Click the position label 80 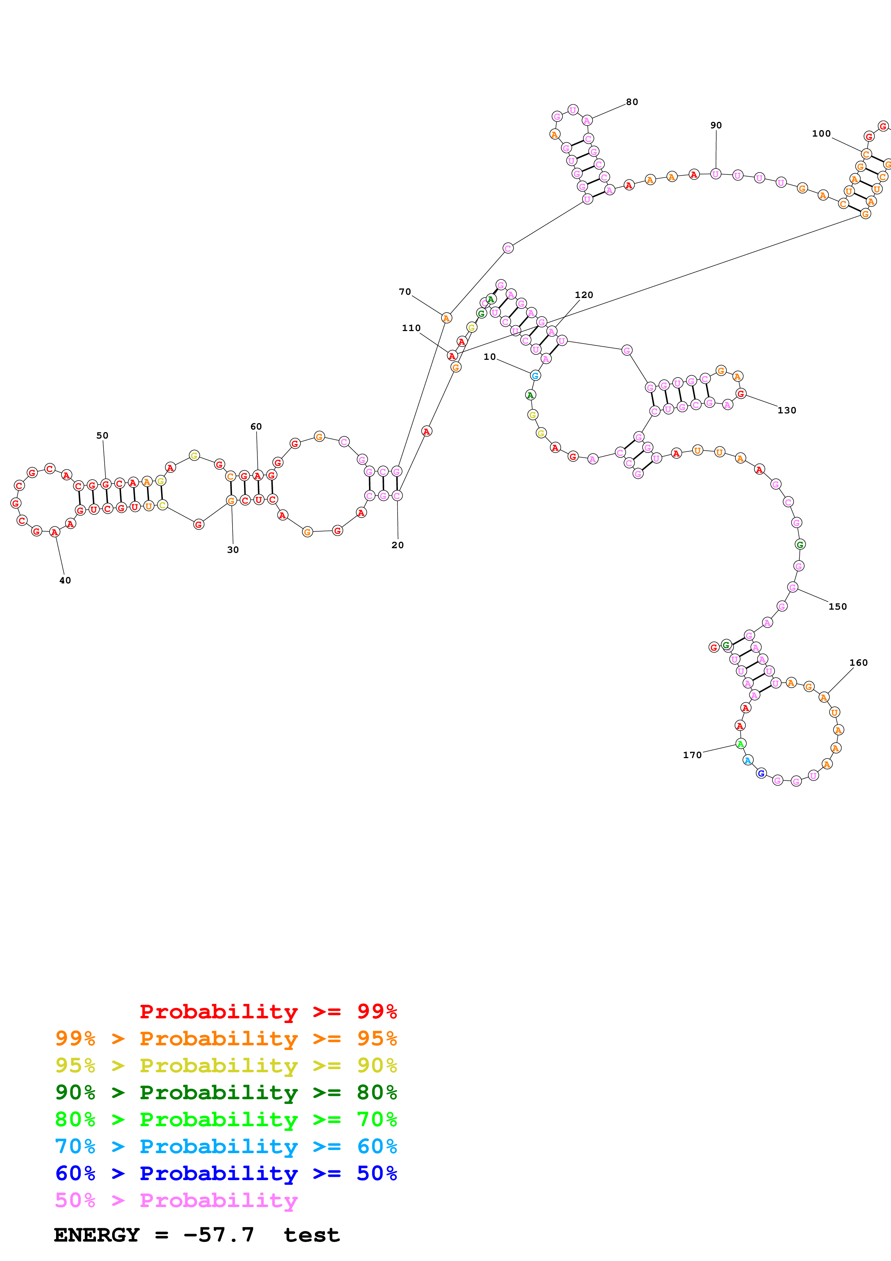tap(632, 102)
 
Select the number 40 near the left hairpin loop tap(65, 581)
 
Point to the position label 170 tap(692, 755)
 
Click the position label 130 tap(787, 410)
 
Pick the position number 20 tap(398, 545)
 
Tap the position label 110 tap(411, 329)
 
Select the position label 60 tap(256, 427)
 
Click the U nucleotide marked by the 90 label tap(715, 174)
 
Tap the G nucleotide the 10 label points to tap(535, 376)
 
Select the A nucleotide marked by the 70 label tap(446, 318)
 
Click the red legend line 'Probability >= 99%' tap(268, 1012)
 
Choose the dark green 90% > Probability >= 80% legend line tap(226, 1092)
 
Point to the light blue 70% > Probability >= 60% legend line tap(226, 1146)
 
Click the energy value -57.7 tap(219, 1235)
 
